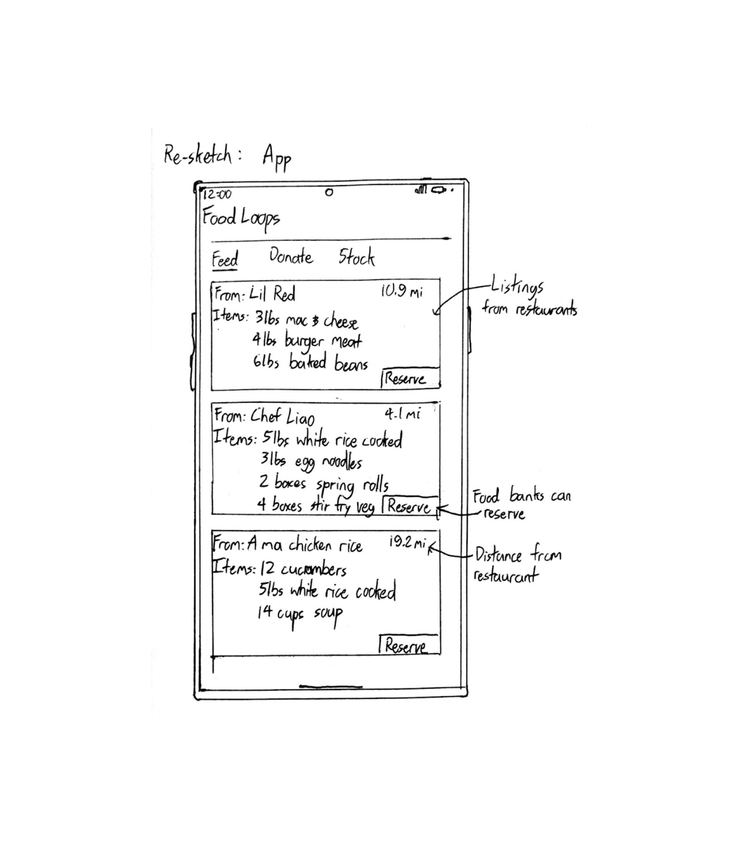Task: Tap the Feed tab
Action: pyautogui.click(x=225, y=259)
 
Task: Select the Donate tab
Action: pyautogui.click(x=291, y=257)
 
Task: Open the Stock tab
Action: pyautogui.click(x=356, y=258)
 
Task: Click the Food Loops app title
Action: pyautogui.click(x=241, y=218)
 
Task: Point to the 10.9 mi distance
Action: pyautogui.click(x=402, y=292)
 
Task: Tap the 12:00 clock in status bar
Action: pyautogui.click(x=217, y=194)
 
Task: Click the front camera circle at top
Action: pyautogui.click(x=329, y=192)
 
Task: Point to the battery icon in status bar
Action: pyautogui.click(x=439, y=190)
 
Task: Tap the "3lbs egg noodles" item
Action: pyautogui.click(x=311, y=461)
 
